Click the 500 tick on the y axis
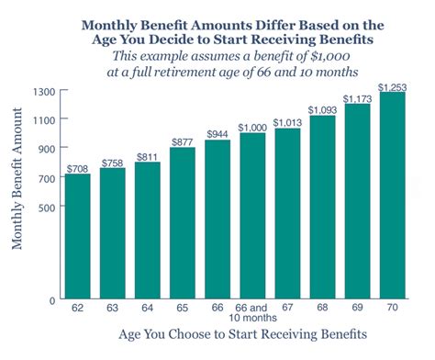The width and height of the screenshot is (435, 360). point(46,207)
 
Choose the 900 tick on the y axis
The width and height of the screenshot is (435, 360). point(46,149)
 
